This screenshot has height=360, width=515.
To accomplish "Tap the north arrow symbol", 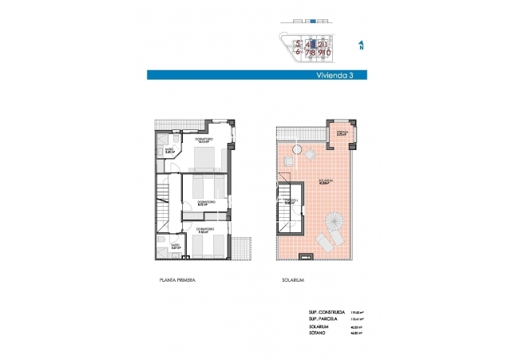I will [x=362, y=46].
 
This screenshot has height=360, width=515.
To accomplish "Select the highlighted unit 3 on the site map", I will [x=314, y=45].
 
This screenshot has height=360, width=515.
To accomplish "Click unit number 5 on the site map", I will [x=299, y=45].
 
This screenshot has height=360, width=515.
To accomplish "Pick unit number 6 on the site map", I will [x=299, y=53].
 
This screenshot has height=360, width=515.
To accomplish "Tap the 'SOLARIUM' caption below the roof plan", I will [x=293, y=281].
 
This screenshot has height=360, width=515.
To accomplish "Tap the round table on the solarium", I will [x=297, y=150].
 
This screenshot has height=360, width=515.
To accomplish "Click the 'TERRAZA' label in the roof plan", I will [x=341, y=132].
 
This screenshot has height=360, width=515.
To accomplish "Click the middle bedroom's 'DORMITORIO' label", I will [x=206, y=202].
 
